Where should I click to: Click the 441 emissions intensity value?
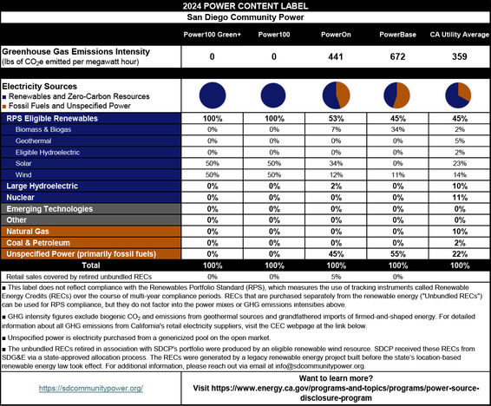[333, 56]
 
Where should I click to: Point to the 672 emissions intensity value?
[396, 56]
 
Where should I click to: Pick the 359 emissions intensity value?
[460, 56]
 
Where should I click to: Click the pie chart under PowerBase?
[396, 95]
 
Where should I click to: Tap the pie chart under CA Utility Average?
[460, 95]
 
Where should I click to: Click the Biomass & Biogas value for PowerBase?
[396, 128]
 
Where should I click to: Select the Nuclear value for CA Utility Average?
[460, 197]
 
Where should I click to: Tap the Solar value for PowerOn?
[333, 162]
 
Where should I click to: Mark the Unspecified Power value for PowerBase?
[396, 253]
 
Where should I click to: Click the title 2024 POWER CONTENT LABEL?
[245, 6]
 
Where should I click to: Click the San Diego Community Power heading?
[245, 16]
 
